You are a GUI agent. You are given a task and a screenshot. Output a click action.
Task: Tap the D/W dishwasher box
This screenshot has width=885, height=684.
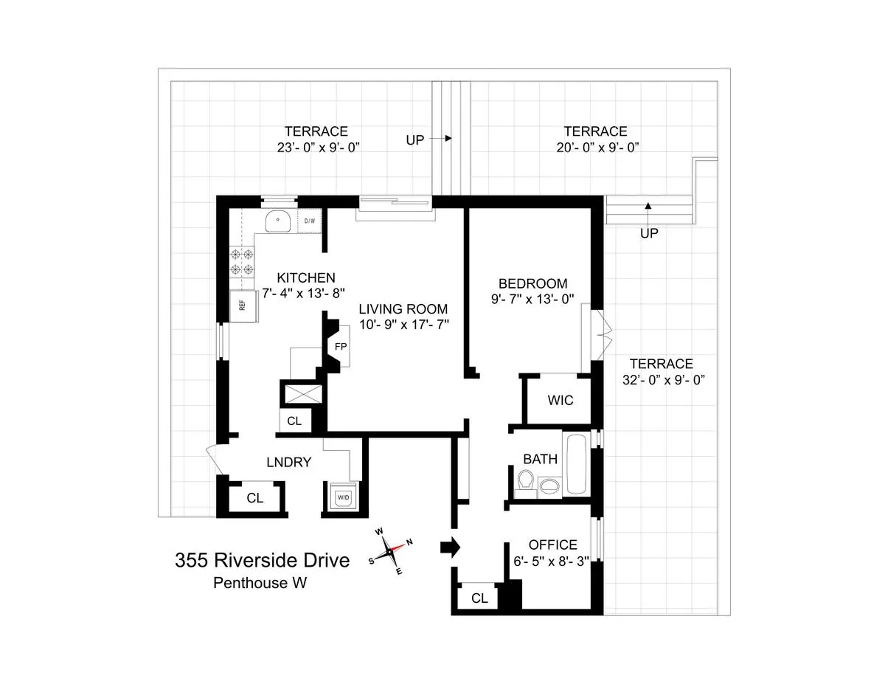pos(310,220)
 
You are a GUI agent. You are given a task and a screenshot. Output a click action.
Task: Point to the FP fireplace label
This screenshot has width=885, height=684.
pos(341,346)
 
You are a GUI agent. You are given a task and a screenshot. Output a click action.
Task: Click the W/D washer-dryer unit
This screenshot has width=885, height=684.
pos(344,497)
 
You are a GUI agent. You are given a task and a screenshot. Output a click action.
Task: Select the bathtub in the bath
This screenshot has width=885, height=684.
pos(575,465)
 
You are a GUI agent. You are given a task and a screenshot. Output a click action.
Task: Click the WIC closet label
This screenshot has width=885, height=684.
pos(560,401)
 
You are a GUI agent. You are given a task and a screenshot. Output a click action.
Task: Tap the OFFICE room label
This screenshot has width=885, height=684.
pos(553,545)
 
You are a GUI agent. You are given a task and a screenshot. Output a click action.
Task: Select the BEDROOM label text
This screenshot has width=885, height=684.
pos(532,283)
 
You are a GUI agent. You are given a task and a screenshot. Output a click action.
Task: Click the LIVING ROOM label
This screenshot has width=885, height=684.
pos(403,309)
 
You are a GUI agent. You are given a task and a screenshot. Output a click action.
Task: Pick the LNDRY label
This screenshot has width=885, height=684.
pos(288,463)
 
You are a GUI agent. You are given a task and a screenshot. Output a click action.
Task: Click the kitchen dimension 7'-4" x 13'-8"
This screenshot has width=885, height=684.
pos(306,293)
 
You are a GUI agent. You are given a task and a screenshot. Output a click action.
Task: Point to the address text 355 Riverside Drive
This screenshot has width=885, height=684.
pos(262,560)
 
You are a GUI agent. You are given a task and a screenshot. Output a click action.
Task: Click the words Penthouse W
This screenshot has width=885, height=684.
pos(260,583)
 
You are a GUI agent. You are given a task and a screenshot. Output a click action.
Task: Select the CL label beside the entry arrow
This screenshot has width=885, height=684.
pos(479,598)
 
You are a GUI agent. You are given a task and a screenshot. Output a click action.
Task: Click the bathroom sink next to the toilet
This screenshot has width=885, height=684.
pos(549,486)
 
